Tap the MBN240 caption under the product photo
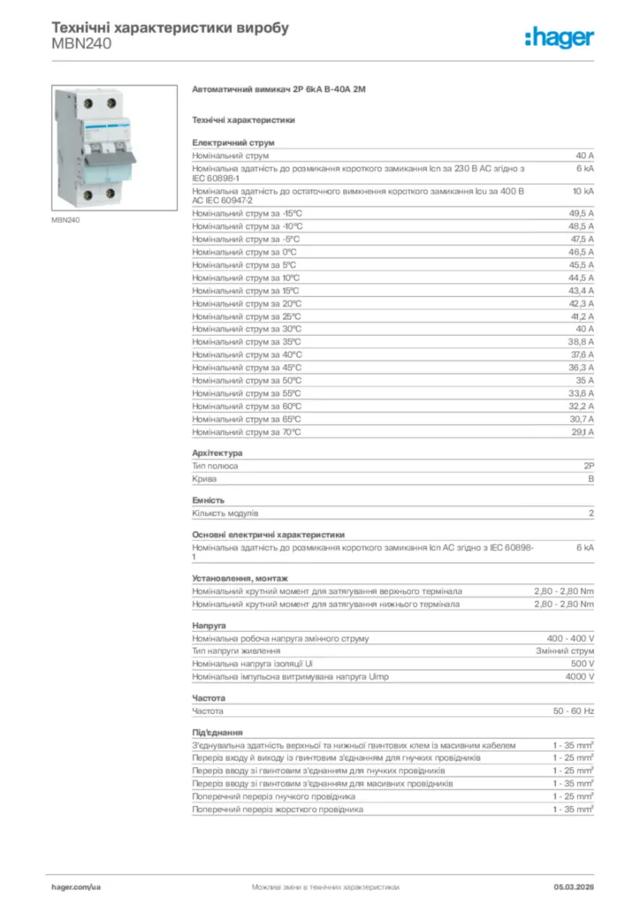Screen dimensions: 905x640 point(66,220)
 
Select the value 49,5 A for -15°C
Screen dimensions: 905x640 point(581,213)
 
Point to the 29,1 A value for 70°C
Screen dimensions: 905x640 point(581,432)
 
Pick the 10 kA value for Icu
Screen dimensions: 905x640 point(583,190)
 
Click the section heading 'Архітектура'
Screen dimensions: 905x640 point(217,452)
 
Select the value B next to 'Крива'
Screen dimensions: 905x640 point(591,478)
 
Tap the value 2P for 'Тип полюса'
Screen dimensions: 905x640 point(589,465)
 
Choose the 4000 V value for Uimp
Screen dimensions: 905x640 point(579,676)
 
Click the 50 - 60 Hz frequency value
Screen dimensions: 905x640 point(574,711)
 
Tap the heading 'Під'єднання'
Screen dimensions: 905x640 point(217,733)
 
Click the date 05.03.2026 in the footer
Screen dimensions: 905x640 point(574,886)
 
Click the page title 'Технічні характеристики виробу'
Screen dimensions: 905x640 point(171,28)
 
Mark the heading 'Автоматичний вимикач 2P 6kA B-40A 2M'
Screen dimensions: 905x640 point(278,90)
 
